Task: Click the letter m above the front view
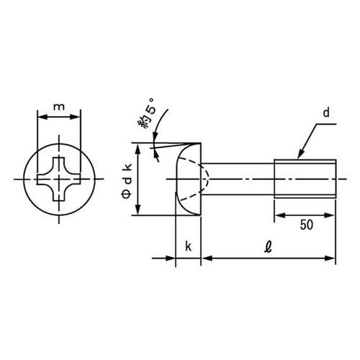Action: [59, 107]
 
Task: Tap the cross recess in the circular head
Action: [58, 179]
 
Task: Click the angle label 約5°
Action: [147, 113]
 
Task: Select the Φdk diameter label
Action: [127, 181]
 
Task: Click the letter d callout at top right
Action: [326, 112]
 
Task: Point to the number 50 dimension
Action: [307, 225]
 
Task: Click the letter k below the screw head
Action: [189, 246]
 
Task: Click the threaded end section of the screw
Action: [305, 179]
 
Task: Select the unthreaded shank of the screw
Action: [238, 179]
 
